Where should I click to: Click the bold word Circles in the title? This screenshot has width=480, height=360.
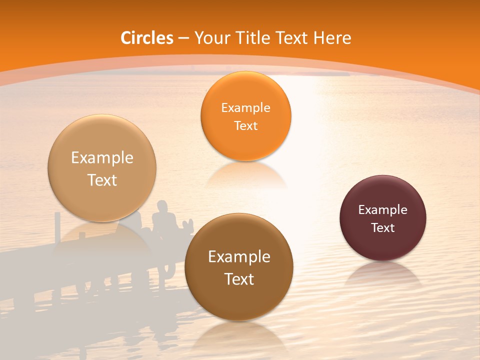[x=146, y=38]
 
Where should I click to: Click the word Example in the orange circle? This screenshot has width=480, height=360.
[x=245, y=107]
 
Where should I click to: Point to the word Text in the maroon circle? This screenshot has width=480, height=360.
[x=383, y=227]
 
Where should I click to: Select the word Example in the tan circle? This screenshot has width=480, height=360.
[x=102, y=158]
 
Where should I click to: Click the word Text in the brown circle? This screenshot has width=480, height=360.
[x=239, y=279]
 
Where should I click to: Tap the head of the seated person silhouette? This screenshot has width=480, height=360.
[x=161, y=205]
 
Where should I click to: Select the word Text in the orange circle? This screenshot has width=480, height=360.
[x=245, y=125]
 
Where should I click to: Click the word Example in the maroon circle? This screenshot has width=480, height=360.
[x=382, y=210]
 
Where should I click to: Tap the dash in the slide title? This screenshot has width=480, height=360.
[x=183, y=38]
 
